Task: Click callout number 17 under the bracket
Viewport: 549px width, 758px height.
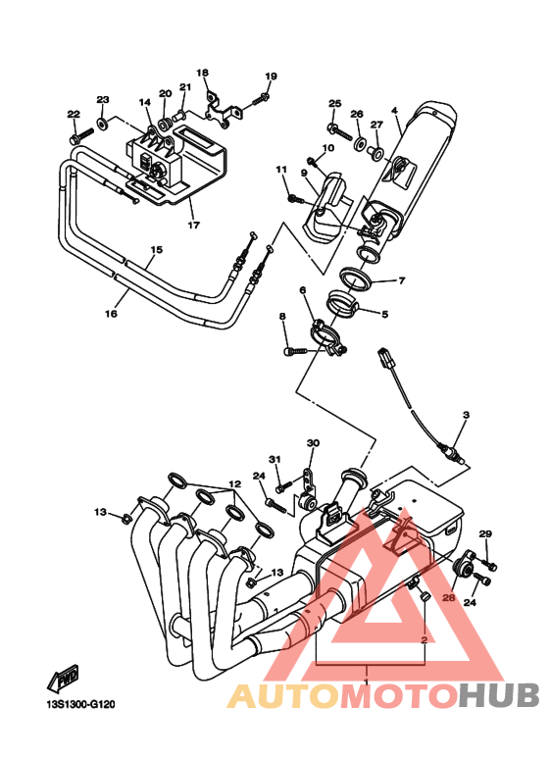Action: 193,225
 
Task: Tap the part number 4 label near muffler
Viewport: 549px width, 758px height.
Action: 394,110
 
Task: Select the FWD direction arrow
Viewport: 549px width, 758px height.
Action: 63,679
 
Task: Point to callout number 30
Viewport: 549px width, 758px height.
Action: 313,443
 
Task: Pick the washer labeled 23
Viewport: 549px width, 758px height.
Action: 103,123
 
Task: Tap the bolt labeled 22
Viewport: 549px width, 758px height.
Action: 80,135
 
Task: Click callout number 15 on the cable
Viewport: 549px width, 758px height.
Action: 156,250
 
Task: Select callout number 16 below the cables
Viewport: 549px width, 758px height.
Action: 111,314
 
